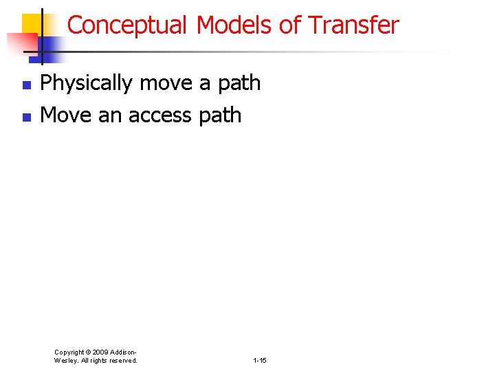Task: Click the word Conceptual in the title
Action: [x=127, y=25]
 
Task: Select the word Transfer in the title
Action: [x=353, y=25]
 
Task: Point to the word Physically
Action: [x=87, y=83]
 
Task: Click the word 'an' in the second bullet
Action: [x=109, y=115]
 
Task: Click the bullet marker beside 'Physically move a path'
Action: [x=26, y=85]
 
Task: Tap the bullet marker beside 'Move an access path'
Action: [x=26, y=117]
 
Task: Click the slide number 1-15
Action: [x=260, y=360]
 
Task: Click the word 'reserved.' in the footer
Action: [x=124, y=360]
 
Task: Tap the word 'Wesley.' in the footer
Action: [x=67, y=360]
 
